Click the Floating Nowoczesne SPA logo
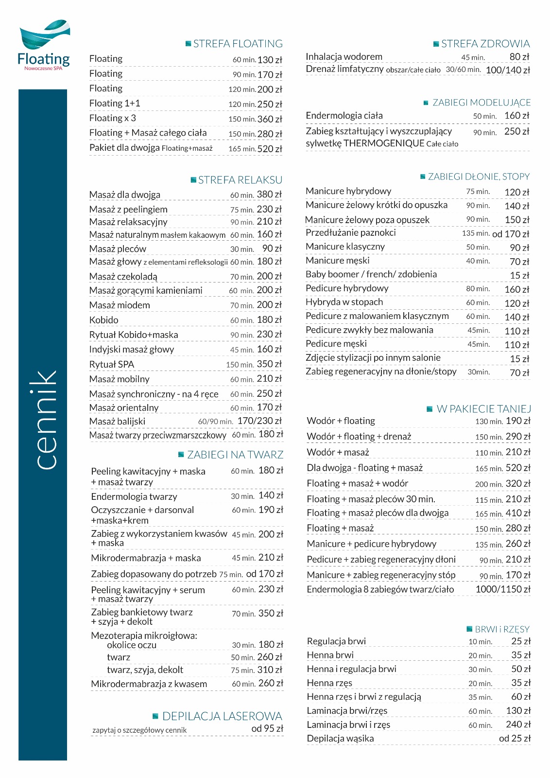point(44,46)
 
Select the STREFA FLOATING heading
point(238,44)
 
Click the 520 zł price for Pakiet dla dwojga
point(269,149)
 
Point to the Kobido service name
point(104,320)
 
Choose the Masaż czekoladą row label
point(123,277)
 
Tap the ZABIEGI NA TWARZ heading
point(235,455)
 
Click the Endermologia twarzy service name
point(134,496)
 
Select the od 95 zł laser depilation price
point(267,728)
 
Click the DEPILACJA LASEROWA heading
point(222,716)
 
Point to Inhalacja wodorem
point(344,57)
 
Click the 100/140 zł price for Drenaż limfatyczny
point(507,70)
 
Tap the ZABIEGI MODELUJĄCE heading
point(481,103)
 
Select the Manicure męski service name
point(338,261)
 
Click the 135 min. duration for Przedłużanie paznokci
point(475,233)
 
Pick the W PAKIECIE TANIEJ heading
point(483,409)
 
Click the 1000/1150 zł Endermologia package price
point(502,589)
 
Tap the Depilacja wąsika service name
point(341,739)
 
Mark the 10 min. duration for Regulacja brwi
point(480,642)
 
